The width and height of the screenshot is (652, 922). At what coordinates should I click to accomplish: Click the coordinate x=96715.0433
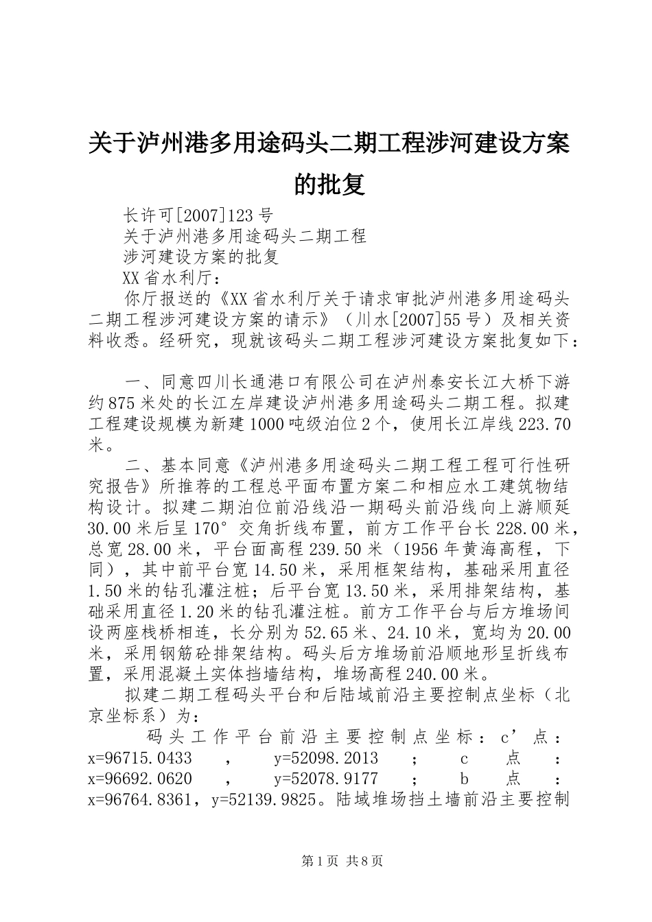pyautogui.click(x=140, y=758)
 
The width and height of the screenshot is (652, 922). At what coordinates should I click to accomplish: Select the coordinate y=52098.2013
pyautogui.click(x=326, y=758)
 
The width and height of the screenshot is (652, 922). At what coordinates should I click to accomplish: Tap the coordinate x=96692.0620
pyautogui.click(x=140, y=779)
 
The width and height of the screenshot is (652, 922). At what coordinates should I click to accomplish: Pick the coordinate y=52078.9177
pyautogui.click(x=326, y=779)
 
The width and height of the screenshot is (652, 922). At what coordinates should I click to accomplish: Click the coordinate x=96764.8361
pyautogui.click(x=140, y=799)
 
